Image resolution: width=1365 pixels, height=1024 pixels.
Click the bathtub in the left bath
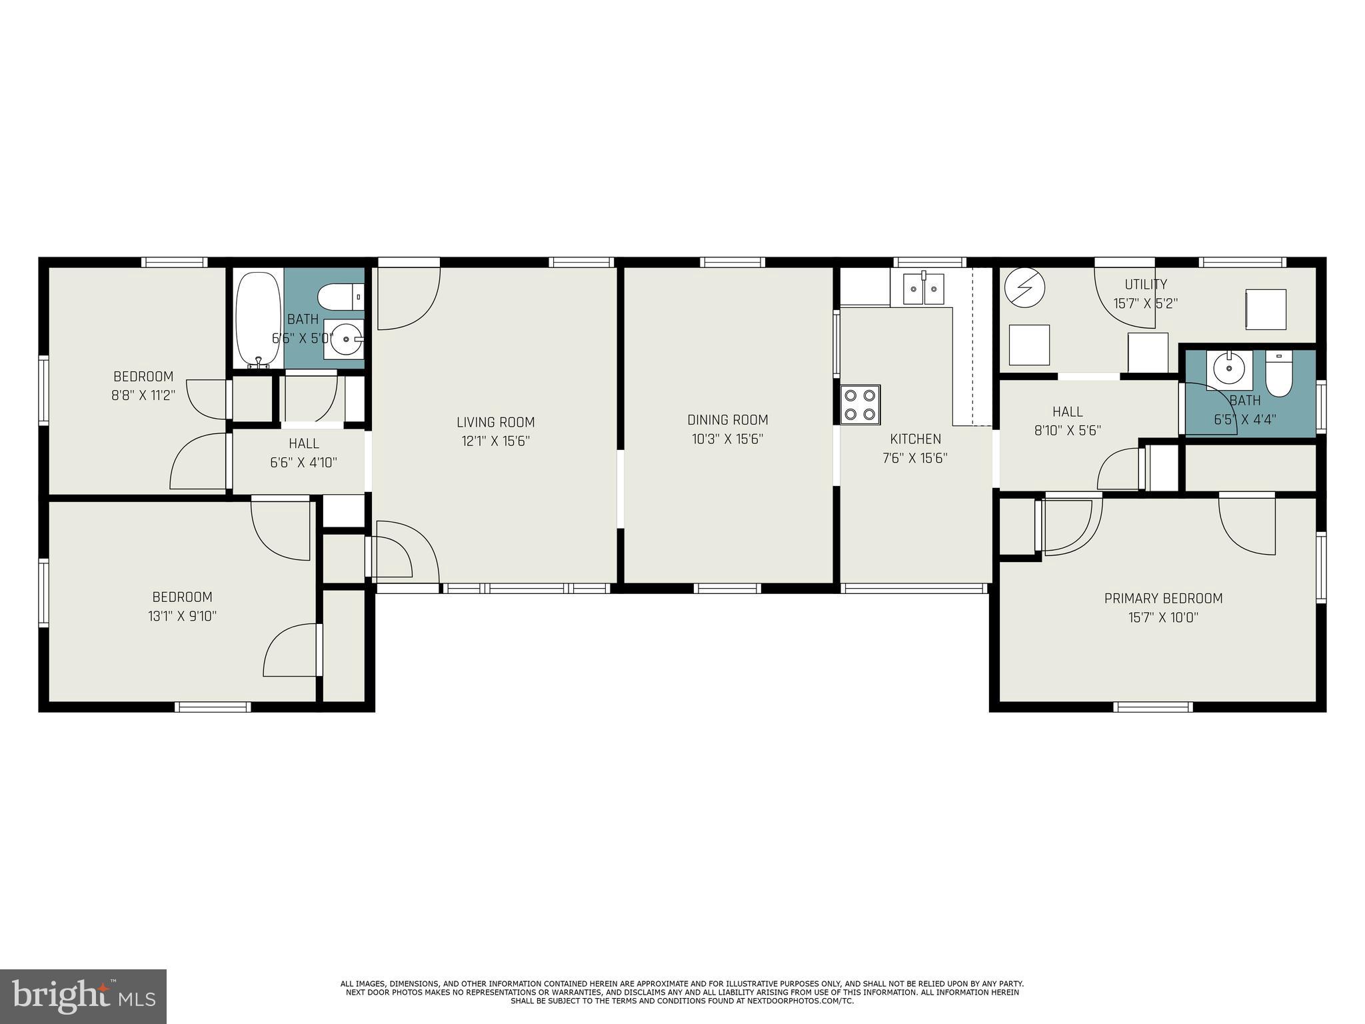(x=259, y=318)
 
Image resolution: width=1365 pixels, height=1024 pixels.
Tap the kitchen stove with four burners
(x=860, y=405)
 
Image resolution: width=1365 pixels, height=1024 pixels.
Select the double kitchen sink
(x=923, y=289)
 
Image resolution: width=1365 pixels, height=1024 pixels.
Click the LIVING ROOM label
(x=495, y=422)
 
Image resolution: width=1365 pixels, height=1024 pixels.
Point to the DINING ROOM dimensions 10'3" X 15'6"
(x=727, y=439)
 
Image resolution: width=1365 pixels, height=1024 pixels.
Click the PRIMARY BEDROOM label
(x=1163, y=599)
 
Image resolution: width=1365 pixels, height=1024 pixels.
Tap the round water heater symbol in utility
(x=1024, y=288)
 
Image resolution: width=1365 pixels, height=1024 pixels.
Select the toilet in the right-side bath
(x=1278, y=373)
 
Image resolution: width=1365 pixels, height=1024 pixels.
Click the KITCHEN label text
(x=915, y=439)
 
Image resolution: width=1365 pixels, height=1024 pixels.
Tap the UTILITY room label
(x=1145, y=284)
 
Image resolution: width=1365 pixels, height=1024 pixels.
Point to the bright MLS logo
(x=83, y=996)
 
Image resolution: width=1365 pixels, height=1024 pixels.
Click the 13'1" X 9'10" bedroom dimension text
(x=182, y=616)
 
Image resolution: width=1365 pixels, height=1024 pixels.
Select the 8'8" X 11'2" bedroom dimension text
(x=143, y=395)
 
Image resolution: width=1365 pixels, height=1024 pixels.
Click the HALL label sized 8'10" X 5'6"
(x=1067, y=412)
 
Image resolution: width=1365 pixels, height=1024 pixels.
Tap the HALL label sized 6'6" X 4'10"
(x=303, y=443)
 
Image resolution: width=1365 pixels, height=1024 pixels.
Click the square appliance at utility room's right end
(x=1266, y=309)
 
